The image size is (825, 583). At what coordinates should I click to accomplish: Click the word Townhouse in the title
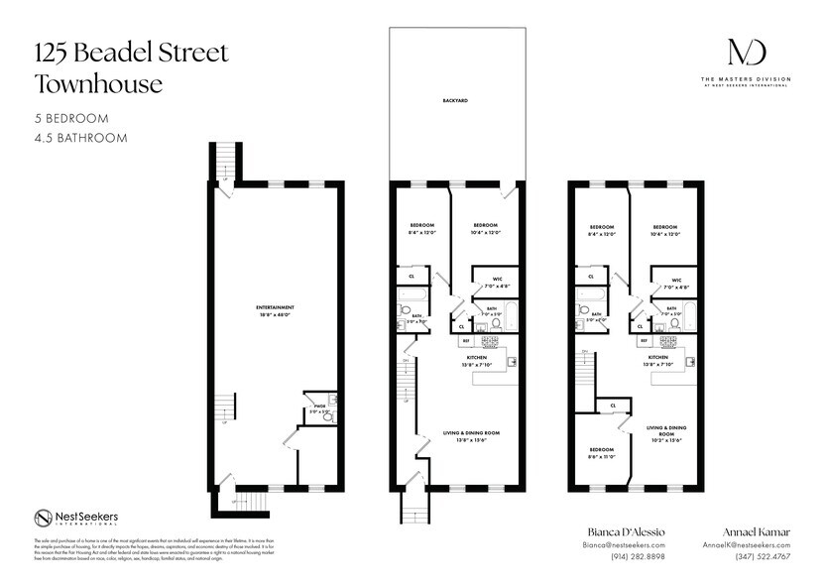coord(98,84)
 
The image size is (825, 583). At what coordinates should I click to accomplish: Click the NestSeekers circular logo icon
coord(43,518)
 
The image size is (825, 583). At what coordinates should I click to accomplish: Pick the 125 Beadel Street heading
coord(132,53)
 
